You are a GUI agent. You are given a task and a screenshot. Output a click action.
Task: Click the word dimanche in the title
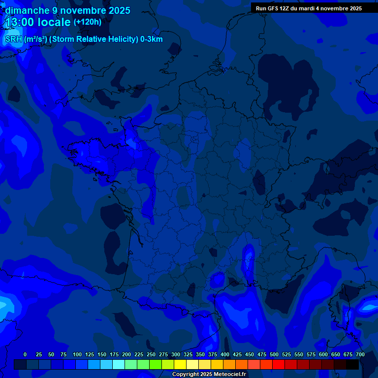coord(27,10)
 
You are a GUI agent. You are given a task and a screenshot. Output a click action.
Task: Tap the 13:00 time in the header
coord(22,22)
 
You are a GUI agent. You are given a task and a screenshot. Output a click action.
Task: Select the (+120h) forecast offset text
coord(88,22)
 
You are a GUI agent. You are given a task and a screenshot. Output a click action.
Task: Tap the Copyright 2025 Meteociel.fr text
coord(209,375)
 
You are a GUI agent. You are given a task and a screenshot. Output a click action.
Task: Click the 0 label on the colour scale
coord(25,354)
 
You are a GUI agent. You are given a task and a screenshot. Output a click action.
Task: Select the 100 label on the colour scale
coord(77,354)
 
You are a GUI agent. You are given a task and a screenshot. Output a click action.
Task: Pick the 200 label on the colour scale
coord(126,354)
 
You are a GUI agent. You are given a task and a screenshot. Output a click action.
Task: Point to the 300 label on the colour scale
coord(176,354)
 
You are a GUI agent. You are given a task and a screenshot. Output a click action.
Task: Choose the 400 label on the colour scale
coord(225,354)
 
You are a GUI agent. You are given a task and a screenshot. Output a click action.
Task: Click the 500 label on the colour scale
coord(274,354)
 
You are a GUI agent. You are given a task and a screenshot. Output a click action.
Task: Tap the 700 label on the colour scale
coord(360,354)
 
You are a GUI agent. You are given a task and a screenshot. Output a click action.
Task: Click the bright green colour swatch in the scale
coord(156,364)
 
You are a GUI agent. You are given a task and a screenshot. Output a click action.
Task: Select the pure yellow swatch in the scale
coord(180,364)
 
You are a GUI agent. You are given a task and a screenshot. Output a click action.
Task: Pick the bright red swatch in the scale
coord(279,364)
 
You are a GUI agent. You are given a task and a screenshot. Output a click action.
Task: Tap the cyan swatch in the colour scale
coord(119,364)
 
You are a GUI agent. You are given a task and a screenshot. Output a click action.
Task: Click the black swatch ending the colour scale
coord(352,364)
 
